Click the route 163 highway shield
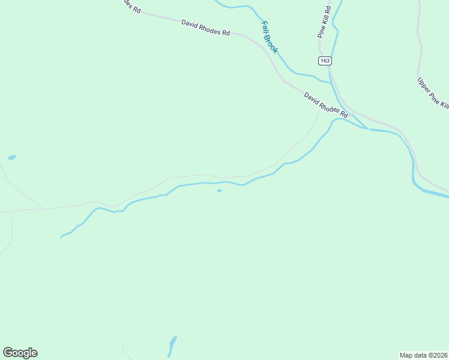[x=325, y=61]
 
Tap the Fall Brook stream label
[x=270, y=37]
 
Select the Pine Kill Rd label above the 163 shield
[x=325, y=23]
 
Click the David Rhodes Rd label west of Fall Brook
[x=206, y=28]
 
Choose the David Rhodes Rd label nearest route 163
[x=326, y=104]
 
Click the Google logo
[x=20, y=353]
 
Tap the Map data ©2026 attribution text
[x=423, y=355]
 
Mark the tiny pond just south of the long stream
[x=220, y=191]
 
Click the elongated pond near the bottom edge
[x=172, y=345]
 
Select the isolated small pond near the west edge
[x=11, y=158]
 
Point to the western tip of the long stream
[x=61, y=237]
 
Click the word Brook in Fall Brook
[x=273, y=44]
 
